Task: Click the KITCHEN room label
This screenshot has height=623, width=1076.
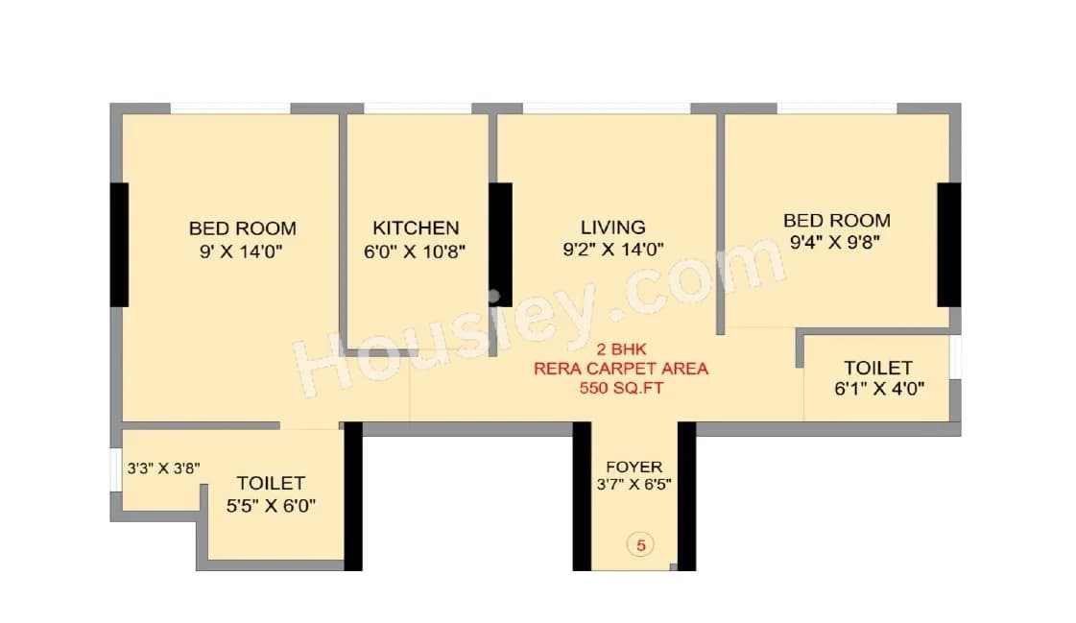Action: [416, 228]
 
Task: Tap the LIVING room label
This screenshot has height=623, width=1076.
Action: [612, 227]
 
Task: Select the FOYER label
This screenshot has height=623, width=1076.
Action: [634, 467]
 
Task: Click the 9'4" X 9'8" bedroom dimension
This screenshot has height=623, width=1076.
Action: [835, 243]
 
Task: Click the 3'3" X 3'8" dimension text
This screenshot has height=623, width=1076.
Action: [163, 469]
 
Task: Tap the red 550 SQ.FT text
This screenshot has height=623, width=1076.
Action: [621, 388]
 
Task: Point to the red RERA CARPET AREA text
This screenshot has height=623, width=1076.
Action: [621, 369]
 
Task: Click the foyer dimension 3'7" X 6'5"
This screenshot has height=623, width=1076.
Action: [634, 485]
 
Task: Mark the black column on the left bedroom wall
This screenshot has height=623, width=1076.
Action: [119, 244]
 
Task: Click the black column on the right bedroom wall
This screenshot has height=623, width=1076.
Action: [948, 244]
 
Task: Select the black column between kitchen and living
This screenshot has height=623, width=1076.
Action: [500, 244]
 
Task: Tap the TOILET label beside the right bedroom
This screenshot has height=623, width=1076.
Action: [877, 368]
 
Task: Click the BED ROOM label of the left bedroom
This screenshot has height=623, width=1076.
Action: [242, 228]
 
